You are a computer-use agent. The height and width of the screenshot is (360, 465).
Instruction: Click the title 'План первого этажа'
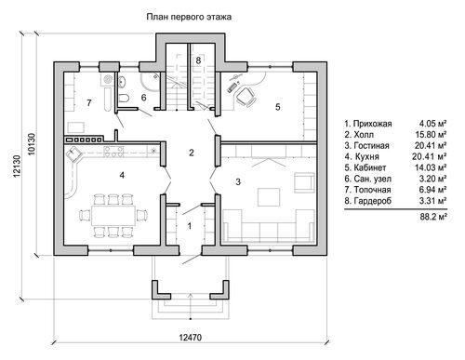(x=189, y=17)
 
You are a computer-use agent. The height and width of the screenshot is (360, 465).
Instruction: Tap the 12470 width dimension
(x=190, y=338)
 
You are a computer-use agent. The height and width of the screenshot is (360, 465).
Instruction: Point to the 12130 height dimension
(x=17, y=166)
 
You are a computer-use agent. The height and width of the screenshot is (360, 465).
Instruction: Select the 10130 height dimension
(x=32, y=144)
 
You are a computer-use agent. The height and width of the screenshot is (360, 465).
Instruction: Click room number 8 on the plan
(x=198, y=60)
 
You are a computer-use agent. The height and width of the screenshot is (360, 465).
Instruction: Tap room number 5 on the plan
(x=278, y=107)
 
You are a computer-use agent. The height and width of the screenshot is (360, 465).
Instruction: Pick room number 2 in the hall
(x=192, y=153)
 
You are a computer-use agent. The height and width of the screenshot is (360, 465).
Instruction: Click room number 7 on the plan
(x=89, y=102)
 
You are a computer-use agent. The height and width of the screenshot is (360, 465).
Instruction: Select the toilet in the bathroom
(x=124, y=98)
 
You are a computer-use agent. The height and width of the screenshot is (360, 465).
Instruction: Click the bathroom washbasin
(x=122, y=81)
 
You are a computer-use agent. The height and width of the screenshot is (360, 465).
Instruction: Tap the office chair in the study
(x=246, y=97)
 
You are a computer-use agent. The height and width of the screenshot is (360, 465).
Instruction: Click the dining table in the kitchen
(x=113, y=215)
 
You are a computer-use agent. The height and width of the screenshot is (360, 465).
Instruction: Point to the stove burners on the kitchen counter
(x=113, y=151)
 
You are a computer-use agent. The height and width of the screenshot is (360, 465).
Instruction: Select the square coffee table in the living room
(x=269, y=197)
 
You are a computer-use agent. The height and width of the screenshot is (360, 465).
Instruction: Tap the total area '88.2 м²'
(x=433, y=217)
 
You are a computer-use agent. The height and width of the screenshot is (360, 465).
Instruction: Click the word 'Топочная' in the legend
(x=372, y=190)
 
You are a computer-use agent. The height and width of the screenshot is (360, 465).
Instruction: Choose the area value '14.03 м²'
(x=431, y=167)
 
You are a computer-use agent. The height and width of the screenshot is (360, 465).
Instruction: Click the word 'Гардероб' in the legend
(x=373, y=201)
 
